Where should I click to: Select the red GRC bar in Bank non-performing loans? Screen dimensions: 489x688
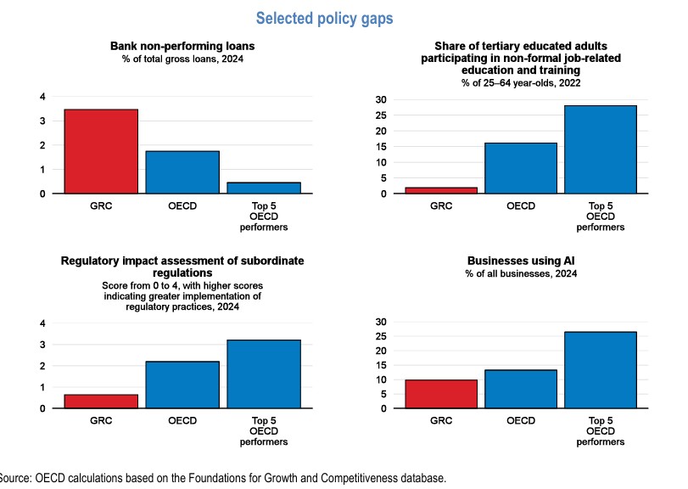101,151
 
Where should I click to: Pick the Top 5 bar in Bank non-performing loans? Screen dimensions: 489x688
264,188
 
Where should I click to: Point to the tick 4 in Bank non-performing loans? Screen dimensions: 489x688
42,97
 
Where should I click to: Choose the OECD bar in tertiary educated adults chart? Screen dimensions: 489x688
522,168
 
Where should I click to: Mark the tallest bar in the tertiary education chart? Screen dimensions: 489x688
601,149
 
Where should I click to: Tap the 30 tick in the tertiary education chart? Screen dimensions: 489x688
382,99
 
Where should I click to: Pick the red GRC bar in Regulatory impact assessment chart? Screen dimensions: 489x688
101,401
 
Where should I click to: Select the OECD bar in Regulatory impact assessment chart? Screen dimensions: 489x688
182,385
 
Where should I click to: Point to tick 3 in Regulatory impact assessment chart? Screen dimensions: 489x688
42,345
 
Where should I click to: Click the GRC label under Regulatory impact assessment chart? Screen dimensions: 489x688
101,419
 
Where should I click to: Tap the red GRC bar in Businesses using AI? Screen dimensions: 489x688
440,394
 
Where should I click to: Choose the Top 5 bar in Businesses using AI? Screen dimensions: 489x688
601,370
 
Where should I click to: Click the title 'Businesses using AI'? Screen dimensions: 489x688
522,261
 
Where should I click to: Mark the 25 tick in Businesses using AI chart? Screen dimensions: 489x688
382,336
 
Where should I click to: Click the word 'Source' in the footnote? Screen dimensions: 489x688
14,478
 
